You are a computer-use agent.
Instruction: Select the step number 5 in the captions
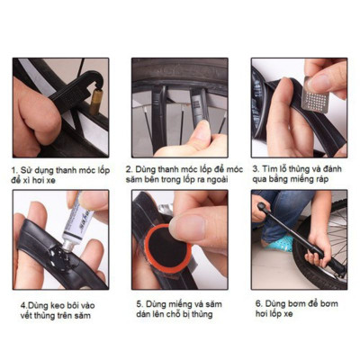click(x=138, y=304)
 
